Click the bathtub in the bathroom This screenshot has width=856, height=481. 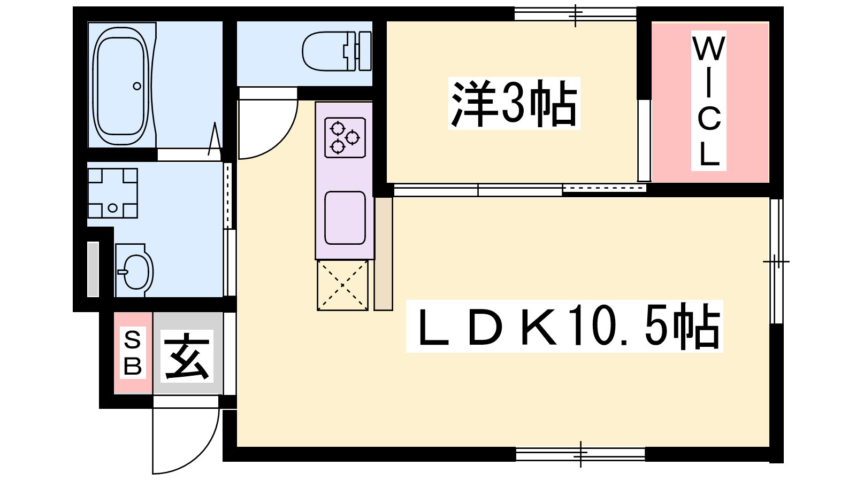click(x=121, y=86)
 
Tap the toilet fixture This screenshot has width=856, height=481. click(x=337, y=51)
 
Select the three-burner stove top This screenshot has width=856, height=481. click(x=345, y=138)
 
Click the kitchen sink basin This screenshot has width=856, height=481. click(x=345, y=218)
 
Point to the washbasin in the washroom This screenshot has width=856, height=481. click(x=134, y=270)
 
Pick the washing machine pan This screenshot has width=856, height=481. click(x=112, y=193)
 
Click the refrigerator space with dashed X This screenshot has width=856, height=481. click(x=342, y=285)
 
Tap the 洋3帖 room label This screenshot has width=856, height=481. click(x=514, y=104)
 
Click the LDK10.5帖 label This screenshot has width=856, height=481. click(x=564, y=327)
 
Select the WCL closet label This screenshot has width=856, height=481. click(x=708, y=101)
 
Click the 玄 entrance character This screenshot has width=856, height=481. click(x=187, y=356)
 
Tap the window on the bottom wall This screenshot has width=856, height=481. click(x=580, y=454)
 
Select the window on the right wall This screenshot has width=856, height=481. click(x=776, y=261)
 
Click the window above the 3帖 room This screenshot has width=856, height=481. click(x=575, y=14)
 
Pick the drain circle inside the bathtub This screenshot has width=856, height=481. click(x=137, y=86)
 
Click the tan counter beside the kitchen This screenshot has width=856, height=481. click(x=383, y=254)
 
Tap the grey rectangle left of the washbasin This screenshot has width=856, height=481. click(x=93, y=269)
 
